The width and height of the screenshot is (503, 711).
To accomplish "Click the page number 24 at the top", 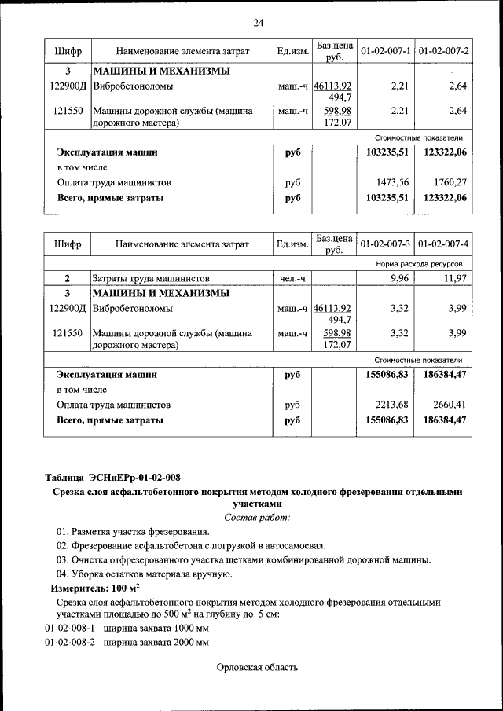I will click(x=258, y=23).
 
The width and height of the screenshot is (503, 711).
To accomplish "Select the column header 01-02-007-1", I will click(x=385, y=51).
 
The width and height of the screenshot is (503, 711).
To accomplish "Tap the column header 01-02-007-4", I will click(x=443, y=244).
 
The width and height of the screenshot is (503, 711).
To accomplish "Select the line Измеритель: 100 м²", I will click(x=95, y=588).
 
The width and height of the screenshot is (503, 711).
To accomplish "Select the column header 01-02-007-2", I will click(x=443, y=51).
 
